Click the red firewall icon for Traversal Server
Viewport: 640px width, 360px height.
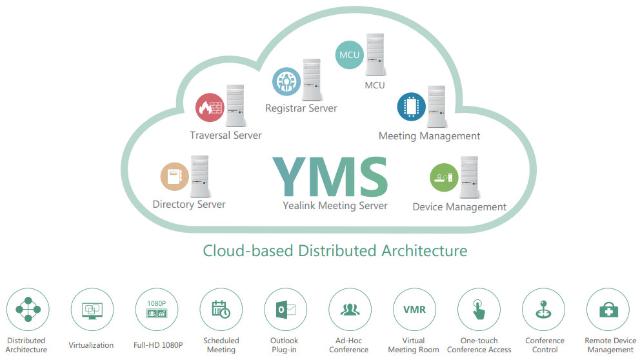click(210, 108)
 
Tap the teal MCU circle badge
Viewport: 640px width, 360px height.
click(350, 55)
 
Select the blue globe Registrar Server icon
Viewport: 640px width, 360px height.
click(286, 82)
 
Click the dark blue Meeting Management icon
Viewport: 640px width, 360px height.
click(412, 107)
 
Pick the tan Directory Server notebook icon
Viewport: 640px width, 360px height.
click(175, 177)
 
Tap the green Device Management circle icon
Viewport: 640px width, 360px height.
click(444, 177)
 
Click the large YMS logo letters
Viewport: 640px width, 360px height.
click(330, 177)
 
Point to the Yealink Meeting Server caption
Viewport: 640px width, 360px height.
click(335, 206)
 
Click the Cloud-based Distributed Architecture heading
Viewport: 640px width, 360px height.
click(335, 250)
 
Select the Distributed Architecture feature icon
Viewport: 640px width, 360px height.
click(28, 310)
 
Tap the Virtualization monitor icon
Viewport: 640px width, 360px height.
click(92, 310)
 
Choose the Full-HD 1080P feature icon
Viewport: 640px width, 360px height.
click(157, 310)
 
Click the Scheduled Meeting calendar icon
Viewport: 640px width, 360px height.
click(221, 310)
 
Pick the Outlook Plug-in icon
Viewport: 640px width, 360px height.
click(286, 310)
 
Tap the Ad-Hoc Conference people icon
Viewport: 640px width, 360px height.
click(350, 310)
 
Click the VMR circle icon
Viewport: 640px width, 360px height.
click(415, 310)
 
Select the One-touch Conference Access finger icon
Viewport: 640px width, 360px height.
click(479, 310)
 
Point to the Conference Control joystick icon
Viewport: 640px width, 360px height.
click(544, 310)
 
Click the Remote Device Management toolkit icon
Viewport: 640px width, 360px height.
click(608, 310)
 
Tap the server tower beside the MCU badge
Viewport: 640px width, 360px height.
click(375, 54)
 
